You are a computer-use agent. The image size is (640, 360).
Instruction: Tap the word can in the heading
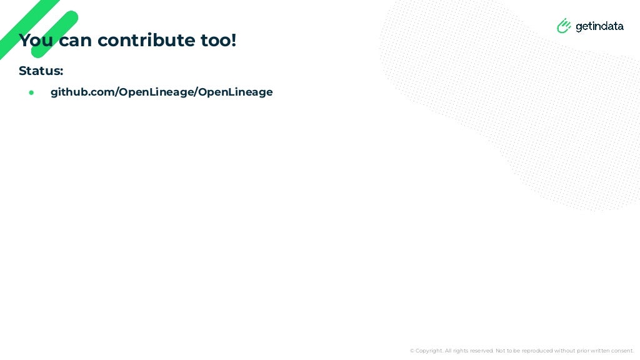tap(75, 41)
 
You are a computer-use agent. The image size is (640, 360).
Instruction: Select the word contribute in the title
tap(146, 41)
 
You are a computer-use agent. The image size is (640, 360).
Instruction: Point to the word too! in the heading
tap(218, 41)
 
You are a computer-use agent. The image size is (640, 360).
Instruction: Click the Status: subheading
tap(41, 71)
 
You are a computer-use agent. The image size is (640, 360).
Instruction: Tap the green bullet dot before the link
tap(31, 92)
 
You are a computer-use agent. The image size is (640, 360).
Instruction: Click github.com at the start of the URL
tap(82, 92)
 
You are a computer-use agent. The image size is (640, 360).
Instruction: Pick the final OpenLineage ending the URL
tap(236, 92)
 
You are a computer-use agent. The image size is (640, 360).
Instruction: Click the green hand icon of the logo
tap(564, 26)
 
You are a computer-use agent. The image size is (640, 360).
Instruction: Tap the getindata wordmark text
tap(599, 26)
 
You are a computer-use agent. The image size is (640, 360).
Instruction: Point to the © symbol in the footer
tap(412, 351)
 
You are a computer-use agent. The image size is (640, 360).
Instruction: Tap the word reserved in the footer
tap(479, 351)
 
